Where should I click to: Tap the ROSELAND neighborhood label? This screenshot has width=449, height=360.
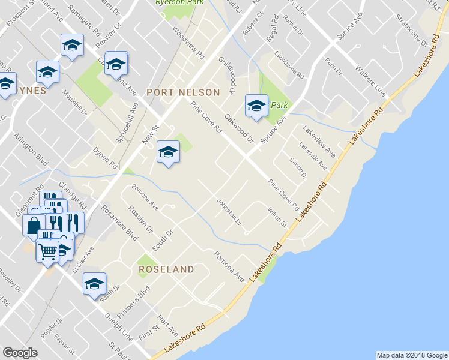(x=166, y=269)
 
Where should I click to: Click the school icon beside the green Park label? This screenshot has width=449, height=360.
(x=256, y=106)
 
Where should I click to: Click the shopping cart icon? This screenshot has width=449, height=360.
(x=48, y=250)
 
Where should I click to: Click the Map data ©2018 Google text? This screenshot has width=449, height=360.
(x=411, y=355)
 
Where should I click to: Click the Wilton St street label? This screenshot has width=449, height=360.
(x=276, y=217)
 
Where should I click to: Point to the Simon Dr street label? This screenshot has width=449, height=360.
(x=298, y=167)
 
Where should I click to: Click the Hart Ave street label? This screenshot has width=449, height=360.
(x=167, y=323)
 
